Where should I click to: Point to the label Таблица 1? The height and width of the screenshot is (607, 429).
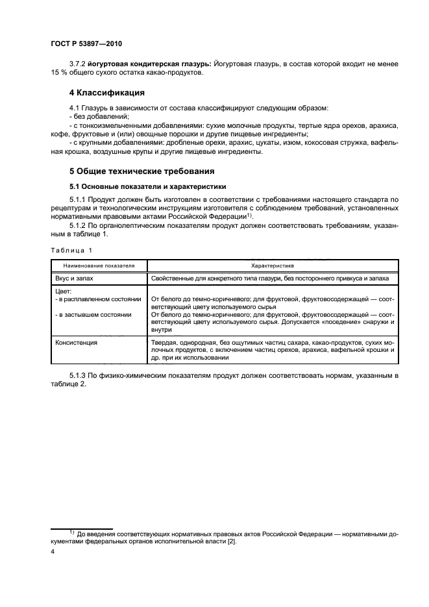click(x=71, y=250)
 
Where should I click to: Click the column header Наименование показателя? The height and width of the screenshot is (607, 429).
click(x=99, y=266)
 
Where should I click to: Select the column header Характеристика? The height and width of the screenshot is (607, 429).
click(x=273, y=266)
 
